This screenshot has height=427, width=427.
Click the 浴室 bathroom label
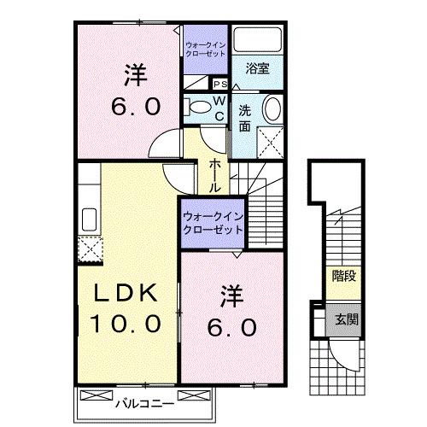[257, 68]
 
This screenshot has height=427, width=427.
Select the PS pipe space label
[219, 85]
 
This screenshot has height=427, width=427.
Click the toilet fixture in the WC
[197, 107]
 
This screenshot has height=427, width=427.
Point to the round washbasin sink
[272, 109]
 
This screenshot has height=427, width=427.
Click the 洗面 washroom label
[246, 118]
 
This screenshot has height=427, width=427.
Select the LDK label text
[126, 293]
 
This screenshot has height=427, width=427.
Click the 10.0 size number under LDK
[126, 324]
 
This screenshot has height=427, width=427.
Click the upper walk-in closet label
[205, 48]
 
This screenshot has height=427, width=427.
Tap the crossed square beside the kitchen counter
[90, 249]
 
